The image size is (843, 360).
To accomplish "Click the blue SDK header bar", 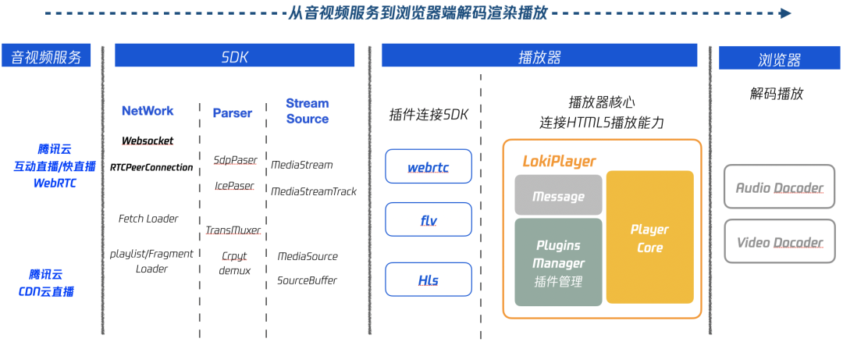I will [x=235, y=56].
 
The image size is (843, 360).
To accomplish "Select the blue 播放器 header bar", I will [x=539, y=56].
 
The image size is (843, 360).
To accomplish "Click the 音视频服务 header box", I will [x=46, y=56].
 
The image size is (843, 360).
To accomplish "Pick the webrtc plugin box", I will [x=429, y=167].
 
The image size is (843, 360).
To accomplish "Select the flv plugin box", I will [x=429, y=220].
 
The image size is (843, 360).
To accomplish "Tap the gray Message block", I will [x=558, y=196].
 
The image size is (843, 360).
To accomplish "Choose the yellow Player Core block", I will [x=649, y=237].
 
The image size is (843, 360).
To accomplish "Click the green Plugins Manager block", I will [x=558, y=262].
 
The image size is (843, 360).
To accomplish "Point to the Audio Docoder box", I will [x=779, y=187].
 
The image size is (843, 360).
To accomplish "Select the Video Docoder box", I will [x=779, y=242].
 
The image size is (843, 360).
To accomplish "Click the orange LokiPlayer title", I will [x=559, y=162].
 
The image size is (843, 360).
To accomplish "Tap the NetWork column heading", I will [x=148, y=111].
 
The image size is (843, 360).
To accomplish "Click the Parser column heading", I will [x=232, y=113].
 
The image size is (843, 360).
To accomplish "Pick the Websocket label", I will [x=148, y=141].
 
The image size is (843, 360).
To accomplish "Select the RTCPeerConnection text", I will [x=151, y=167].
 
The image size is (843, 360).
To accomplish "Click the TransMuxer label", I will [x=232, y=230].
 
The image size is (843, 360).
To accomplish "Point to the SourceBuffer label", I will [x=307, y=280].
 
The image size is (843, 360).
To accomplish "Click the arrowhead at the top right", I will [x=785, y=13].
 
